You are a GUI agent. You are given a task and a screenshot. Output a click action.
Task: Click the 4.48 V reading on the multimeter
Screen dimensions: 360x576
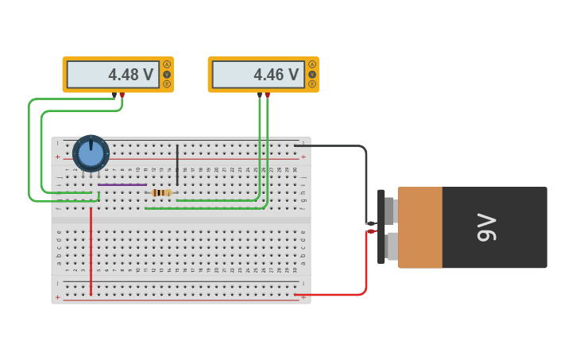pyautogui.click(x=130, y=75)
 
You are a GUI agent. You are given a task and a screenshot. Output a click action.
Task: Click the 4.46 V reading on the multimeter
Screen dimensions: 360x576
pyautogui.click(x=276, y=75)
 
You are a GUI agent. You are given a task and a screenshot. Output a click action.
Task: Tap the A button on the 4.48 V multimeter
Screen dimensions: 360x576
pyautogui.click(x=167, y=64)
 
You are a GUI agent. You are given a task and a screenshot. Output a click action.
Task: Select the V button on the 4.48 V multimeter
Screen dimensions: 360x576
pyautogui.click(x=167, y=74)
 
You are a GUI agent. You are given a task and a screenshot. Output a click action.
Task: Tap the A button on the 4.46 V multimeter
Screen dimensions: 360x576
pyautogui.click(x=312, y=64)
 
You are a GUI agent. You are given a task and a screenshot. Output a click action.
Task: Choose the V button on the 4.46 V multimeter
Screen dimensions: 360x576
pyautogui.click(x=312, y=74)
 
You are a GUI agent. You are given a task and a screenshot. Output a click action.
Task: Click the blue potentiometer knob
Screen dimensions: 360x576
pyautogui.click(x=91, y=153)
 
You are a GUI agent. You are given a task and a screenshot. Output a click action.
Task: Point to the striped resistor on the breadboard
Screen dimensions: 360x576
pyautogui.click(x=161, y=192)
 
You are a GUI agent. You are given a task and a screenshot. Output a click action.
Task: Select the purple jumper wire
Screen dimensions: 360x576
pyautogui.click(x=122, y=184)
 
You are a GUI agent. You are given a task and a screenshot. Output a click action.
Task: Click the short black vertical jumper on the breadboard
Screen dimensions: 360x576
pyautogui.click(x=177, y=165)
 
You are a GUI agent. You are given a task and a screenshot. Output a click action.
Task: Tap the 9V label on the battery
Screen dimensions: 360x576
pyautogui.click(x=486, y=227)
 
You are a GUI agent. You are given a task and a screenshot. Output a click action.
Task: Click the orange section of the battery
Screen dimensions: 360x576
pyautogui.click(x=420, y=227)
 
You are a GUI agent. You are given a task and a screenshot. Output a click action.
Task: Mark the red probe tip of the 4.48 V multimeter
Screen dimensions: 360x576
pyautogui.click(x=122, y=95)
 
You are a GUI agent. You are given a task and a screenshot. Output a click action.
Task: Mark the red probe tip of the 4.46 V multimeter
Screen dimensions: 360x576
pyautogui.click(x=267, y=95)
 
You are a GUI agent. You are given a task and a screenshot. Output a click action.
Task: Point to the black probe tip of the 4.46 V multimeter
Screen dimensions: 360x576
pyautogui.click(x=259, y=95)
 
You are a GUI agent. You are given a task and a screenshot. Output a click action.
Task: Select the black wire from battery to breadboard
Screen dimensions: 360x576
pyautogui.click(x=365, y=175)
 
